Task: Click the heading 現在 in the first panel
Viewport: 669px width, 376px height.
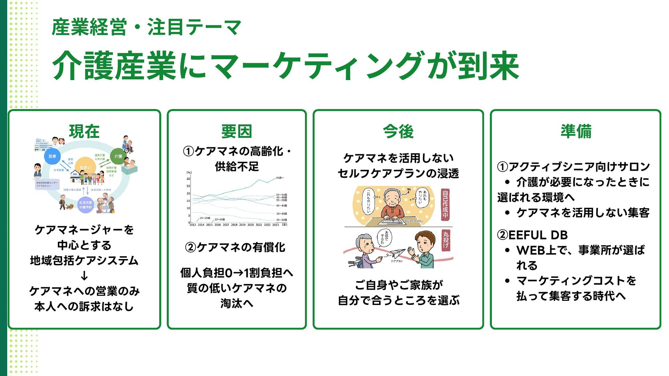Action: [84, 132]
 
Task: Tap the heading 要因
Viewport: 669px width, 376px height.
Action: [237, 132]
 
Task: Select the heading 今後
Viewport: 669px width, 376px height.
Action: [398, 132]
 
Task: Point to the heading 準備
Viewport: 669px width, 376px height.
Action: [576, 131]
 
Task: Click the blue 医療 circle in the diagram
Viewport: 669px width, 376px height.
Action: [52, 156]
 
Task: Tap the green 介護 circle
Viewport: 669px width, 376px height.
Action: [118, 156]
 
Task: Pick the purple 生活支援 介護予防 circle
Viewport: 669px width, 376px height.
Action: [85, 205]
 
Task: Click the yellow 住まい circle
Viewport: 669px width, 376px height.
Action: [85, 167]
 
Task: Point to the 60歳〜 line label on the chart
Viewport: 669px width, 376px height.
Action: [280, 178]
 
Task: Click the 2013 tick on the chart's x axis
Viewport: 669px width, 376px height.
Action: [193, 225]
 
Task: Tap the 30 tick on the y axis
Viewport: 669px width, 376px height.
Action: [189, 179]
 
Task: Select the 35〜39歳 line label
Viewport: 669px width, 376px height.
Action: [282, 214]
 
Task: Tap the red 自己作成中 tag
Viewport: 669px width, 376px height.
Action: [445, 204]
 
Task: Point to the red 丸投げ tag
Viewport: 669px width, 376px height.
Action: [445, 240]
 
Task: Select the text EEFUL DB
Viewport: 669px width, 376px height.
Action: [538, 235]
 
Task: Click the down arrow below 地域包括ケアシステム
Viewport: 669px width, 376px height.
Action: [84, 276]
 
